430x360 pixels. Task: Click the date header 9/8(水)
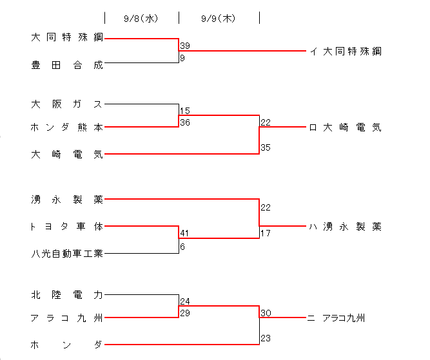(x=141, y=19)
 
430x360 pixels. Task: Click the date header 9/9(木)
(x=219, y=19)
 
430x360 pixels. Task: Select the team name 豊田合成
(x=66, y=64)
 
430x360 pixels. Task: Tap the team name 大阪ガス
(x=66, y=103)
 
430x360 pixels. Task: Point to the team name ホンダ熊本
(x=66, y=128)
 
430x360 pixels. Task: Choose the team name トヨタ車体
(x=66, y=227)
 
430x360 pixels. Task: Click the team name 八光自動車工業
(x=66, y=253)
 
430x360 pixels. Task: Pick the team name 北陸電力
(x=66, y=295)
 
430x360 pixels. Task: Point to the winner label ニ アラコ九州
(x=337, y=317)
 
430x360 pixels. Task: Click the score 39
(x=185, y=46)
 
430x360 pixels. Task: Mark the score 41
(x=185, y=233)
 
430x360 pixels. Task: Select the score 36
(x=185, y=122)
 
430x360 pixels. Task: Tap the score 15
(x=185, y=111)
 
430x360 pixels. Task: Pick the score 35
(x=266, y=147)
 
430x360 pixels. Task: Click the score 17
(x=266, y=233)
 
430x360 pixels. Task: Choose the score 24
(x=185, y=301)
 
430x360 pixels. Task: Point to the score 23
(x=266, y=337)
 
